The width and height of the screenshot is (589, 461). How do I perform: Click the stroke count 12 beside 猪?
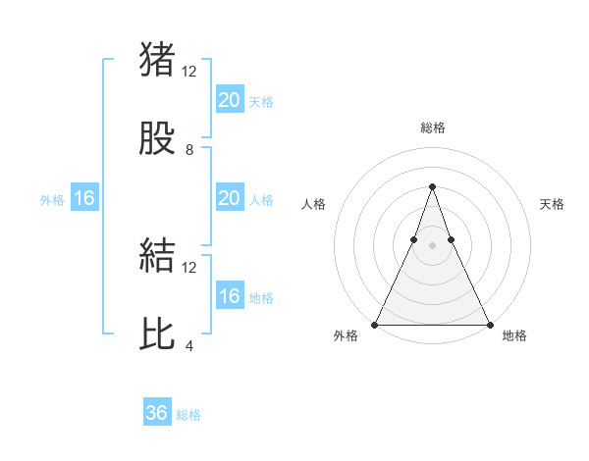(189, 72)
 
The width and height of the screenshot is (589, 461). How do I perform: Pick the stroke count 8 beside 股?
(189, 150)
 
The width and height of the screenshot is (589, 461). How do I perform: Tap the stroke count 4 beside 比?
(189, 346)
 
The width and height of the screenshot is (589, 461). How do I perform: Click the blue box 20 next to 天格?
(229, 100)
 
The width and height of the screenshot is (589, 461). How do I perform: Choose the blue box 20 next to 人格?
(229, 198)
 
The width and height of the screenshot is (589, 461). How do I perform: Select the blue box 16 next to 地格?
(229, 296)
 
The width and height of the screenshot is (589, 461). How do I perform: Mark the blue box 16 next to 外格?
(84, 198)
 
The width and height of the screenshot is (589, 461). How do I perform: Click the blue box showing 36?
(157, 413)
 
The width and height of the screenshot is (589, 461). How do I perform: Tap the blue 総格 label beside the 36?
(188, 415)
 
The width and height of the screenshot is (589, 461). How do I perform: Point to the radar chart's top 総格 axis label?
(432, 128)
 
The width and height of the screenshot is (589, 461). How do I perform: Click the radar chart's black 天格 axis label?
(552, 204)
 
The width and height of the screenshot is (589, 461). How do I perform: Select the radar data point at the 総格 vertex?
(432, 186)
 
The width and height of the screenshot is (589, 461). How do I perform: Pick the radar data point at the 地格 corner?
(489, 324)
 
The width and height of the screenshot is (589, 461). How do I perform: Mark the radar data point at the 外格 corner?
(375, 324)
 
